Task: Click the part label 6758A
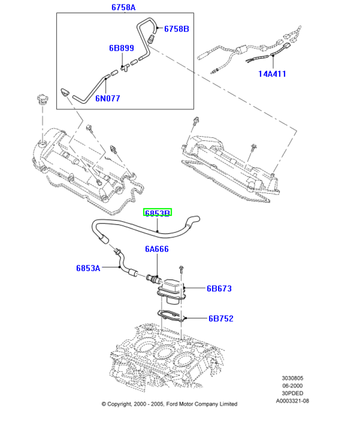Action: pos(123,7)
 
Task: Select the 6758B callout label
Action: pos(176,29)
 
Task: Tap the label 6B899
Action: pos(121,48)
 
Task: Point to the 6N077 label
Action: pos(108,98)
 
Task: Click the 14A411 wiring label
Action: pos(272,74)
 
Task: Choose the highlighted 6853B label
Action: pos(157,213)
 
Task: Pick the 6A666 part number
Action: pos(157,249)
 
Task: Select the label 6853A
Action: pos(88,268)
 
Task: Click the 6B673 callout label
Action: pos(219,288)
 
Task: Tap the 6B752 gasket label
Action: pos(221,319)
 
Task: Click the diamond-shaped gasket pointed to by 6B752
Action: pos(172,317)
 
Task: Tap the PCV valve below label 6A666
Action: pos(153,279)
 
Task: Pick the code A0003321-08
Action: pos(292,400)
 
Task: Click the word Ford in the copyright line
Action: pos(173,404)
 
